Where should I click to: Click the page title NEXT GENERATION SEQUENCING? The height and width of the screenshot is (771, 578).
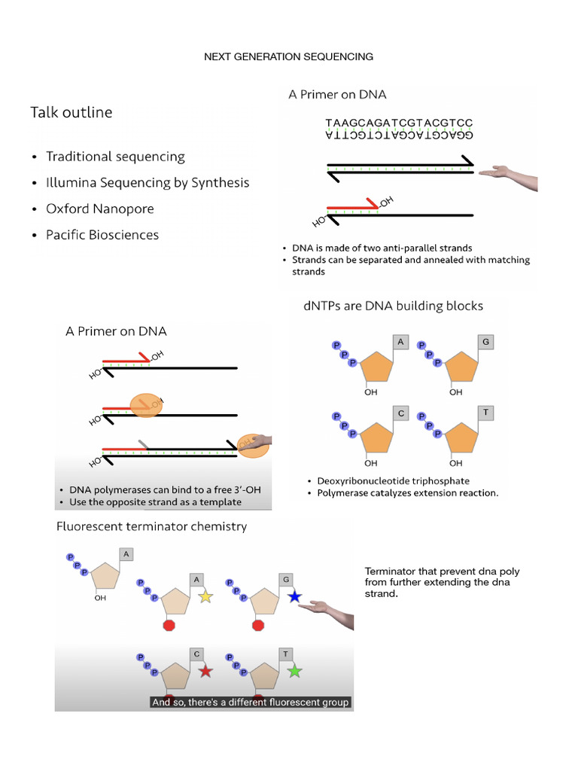click(x=289, y=56)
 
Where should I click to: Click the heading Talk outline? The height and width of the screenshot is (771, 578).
click(x=71, y=113)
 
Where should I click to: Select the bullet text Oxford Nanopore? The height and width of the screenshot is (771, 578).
click(x=100, y=209)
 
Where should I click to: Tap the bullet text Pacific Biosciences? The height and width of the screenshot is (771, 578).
click(x=102, y=235)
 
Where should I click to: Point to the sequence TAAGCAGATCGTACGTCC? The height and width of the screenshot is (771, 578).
click(x=399, y=123)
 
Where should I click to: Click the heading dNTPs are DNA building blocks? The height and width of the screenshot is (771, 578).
click(x=392, y=306)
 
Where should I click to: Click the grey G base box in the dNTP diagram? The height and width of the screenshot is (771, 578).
click(x=486, y=343)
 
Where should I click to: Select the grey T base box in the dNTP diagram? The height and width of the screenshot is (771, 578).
click(x=486, y=413)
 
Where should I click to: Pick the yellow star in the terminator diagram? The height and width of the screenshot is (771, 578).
click(x=205, y=596)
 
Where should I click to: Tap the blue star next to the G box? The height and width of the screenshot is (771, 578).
click(x=294, y=596)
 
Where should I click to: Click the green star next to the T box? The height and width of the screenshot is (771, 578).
click(x=294, y=670)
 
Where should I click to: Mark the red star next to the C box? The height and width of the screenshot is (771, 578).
click(x=205, y=670)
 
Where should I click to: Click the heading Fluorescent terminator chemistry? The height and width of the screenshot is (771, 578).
click(x=151, y=526)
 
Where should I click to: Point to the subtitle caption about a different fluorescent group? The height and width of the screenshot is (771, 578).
click(x=251, y=702)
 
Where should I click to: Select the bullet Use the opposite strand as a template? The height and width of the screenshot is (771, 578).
click(x=156, y=501)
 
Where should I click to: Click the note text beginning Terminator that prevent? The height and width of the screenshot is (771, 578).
click(x=442, y=582)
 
